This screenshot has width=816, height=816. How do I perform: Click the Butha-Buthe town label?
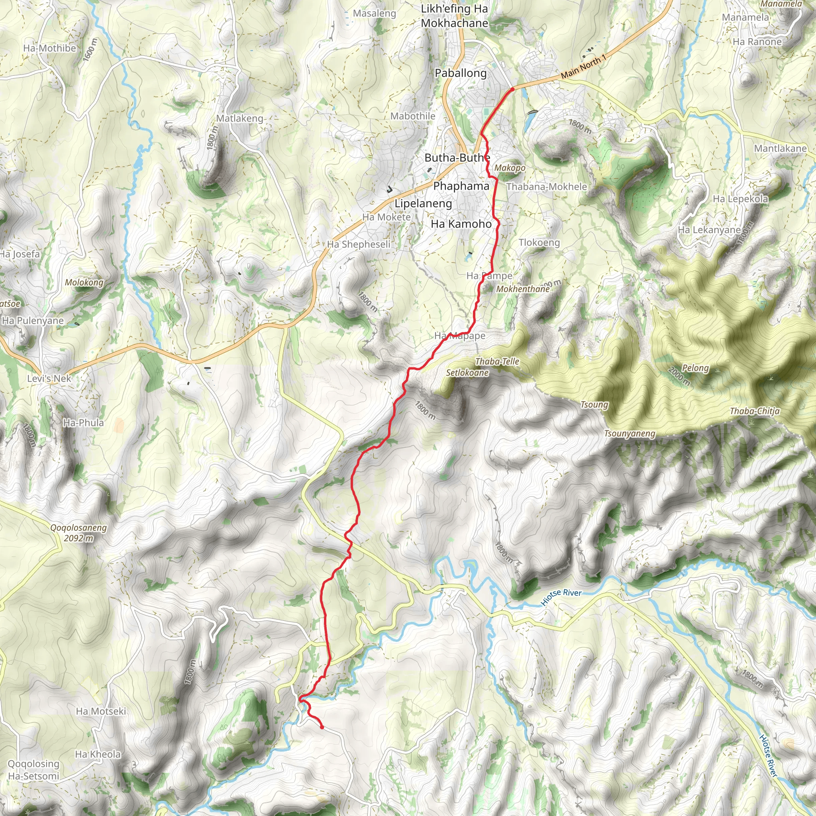457,158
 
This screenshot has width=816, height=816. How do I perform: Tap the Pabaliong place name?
461,73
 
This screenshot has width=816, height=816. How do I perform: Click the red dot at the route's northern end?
512,90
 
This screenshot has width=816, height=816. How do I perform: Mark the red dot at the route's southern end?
322,727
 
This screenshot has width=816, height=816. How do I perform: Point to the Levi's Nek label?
49,379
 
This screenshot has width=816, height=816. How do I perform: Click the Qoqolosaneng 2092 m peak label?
78,533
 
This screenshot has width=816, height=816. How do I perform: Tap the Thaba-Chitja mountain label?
755,411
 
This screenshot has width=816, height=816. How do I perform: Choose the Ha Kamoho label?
461,224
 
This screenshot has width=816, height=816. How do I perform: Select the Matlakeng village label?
239,119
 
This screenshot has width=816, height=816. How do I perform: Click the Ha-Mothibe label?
49,48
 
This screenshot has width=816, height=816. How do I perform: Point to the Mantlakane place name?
780,149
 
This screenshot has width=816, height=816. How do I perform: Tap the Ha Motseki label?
101,711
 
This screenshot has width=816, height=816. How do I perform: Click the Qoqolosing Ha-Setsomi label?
34,769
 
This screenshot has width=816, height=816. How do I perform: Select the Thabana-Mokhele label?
547,187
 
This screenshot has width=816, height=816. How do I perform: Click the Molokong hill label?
84,282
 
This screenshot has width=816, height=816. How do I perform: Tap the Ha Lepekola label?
740,198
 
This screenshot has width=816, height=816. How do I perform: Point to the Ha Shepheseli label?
359,244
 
